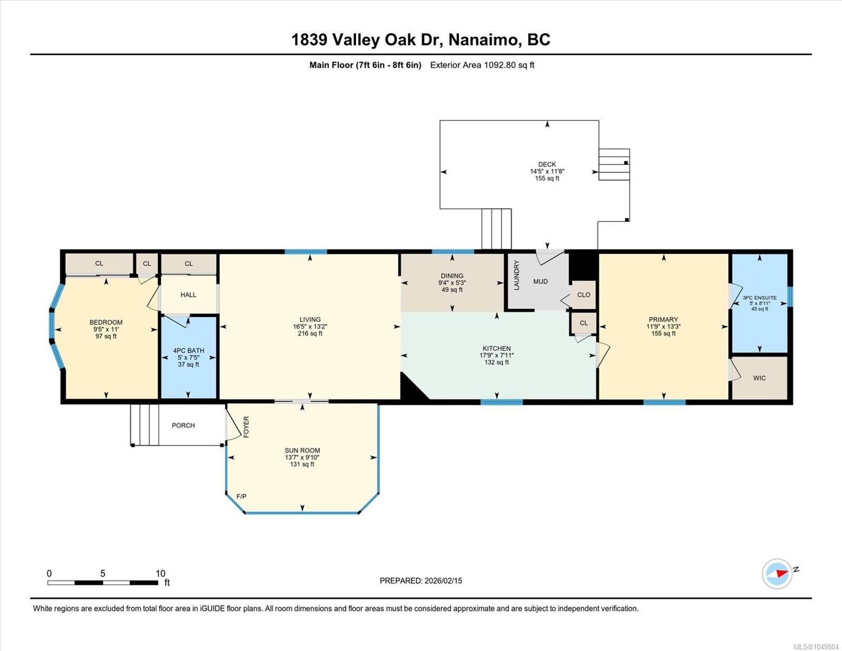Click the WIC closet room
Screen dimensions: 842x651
(x=760, y=378)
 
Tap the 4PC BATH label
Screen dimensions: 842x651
(x=188, y=350)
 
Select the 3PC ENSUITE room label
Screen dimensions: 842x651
(x=760, y=298)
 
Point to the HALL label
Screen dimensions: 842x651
(x=188, y=295)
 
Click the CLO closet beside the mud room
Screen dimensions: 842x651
(x=583, y=295)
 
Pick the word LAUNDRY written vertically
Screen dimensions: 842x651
(x=516, y=275)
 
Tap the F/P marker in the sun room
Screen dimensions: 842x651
(x=241, y=496)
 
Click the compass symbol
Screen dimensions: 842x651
(x=777, y=574)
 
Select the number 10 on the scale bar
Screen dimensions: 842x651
(x=160, y=573)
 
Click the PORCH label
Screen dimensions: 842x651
(x=183, y=425)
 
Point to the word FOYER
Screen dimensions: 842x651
(x=246, y=427)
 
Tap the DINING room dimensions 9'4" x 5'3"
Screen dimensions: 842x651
(x=452, y=283)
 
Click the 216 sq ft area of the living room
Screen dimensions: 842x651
(x=310, y=334)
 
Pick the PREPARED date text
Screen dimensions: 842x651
(x=421, y=581)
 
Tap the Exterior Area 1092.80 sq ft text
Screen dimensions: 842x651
(x=482, y=65)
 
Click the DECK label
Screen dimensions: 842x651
(x=547, y=164)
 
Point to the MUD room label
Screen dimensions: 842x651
(x=541, y=282)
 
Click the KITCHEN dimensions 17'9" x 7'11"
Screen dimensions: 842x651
(x=497, y=355)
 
